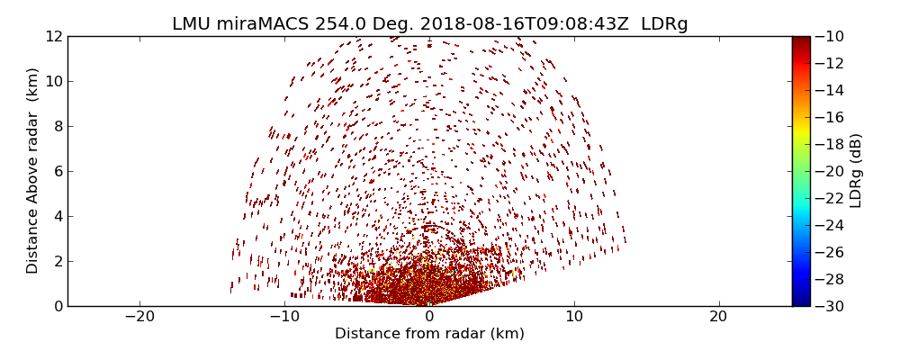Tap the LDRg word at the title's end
(x=664, y=24)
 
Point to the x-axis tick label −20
(x=139, y=317)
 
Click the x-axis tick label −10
(x=284, y=317)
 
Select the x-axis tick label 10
(x=574, y=317)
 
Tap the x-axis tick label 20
(x=718, y=317)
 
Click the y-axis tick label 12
(x=54, y=37)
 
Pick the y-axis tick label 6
(x=58, y=171)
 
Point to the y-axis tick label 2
(x=58, y=261)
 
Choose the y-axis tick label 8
(x=58, y=126)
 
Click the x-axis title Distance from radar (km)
(x=429, y=334)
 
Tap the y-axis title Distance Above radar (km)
(x=33, y=171)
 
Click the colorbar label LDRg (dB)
(x=856, y=171)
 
